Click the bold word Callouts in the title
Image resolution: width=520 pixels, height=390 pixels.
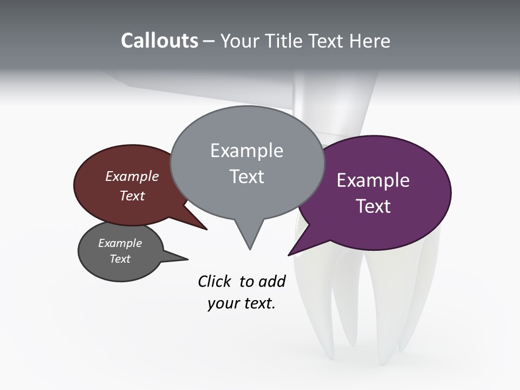pyautogui.click(x=159, y=41)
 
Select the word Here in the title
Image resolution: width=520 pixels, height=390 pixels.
pyautogui.click(x=370, y=41)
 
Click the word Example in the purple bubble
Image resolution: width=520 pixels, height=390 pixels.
pyautogui.click(x=373, y=180)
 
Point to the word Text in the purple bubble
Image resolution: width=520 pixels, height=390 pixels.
pyautogui.click(x=373, y=206)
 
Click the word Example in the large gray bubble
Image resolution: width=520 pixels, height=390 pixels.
pyautogui.click(x=246, y=151)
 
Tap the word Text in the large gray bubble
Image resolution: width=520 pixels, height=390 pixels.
pyautogui.click(x=246, y=177)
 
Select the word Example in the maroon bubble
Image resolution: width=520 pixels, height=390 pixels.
pyautogui.click(x=132, y=176)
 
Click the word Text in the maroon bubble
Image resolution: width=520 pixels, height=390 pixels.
pyautogui.click(x=132, y=196)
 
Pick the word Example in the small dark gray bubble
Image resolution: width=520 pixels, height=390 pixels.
pyautogui.click(x=120, y=243)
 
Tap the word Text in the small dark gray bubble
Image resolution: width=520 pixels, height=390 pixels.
pyautogui.click(x=120, y=259)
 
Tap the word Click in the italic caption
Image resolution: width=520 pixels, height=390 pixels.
pyautogui.click(x=214, y=282)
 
